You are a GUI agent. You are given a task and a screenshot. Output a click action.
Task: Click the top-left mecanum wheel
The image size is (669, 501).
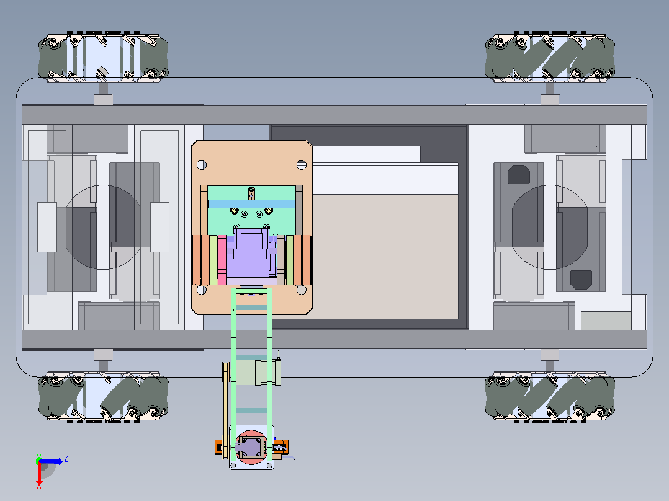point(103,56)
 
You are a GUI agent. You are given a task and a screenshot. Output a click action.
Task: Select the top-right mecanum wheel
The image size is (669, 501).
point(550,56)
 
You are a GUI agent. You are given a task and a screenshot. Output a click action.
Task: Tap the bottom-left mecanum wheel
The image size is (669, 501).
point(103,397)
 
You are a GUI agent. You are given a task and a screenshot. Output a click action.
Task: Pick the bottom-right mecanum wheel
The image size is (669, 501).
point(550,397)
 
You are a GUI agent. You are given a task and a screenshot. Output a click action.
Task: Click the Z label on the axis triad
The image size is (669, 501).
point(66,458)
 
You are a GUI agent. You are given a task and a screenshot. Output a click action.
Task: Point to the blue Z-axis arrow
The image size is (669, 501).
point(51,461)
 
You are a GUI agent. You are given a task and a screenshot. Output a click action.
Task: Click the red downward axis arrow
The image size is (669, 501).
point(39,474)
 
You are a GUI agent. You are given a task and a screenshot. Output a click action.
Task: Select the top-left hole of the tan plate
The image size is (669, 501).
point(201,164)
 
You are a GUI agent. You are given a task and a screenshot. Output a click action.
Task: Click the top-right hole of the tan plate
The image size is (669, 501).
point(301,164)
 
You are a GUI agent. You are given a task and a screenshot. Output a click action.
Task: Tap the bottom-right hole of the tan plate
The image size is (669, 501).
point(301,290)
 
